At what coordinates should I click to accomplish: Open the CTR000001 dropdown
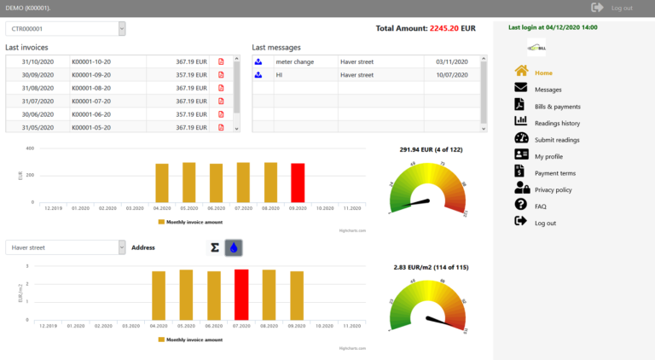pos(65,29)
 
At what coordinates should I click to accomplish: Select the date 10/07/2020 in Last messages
pos(447,74)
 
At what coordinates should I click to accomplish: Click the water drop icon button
pos(234,247)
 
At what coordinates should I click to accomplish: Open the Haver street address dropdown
pos(65,247)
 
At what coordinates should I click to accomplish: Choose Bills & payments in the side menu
pos(557,106)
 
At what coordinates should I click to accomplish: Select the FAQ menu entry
pos(541,206)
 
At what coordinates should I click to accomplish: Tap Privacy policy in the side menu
pos(553,189)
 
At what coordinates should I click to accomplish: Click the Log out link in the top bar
pos(621,8)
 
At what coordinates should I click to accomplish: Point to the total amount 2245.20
pos(444,28)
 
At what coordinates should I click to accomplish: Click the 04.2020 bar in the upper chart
pos(162,183)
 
